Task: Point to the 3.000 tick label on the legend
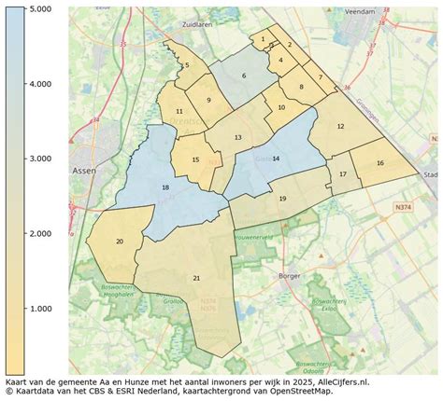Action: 37,159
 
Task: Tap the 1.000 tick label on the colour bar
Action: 37,308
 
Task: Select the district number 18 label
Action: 165,187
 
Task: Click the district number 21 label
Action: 196,278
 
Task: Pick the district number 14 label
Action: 276,159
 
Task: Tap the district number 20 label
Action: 119,242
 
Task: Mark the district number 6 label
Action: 244,76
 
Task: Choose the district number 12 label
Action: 340,126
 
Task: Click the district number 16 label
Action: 379,163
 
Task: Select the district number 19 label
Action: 282,198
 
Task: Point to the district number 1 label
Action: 264,39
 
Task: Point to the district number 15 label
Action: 195,160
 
